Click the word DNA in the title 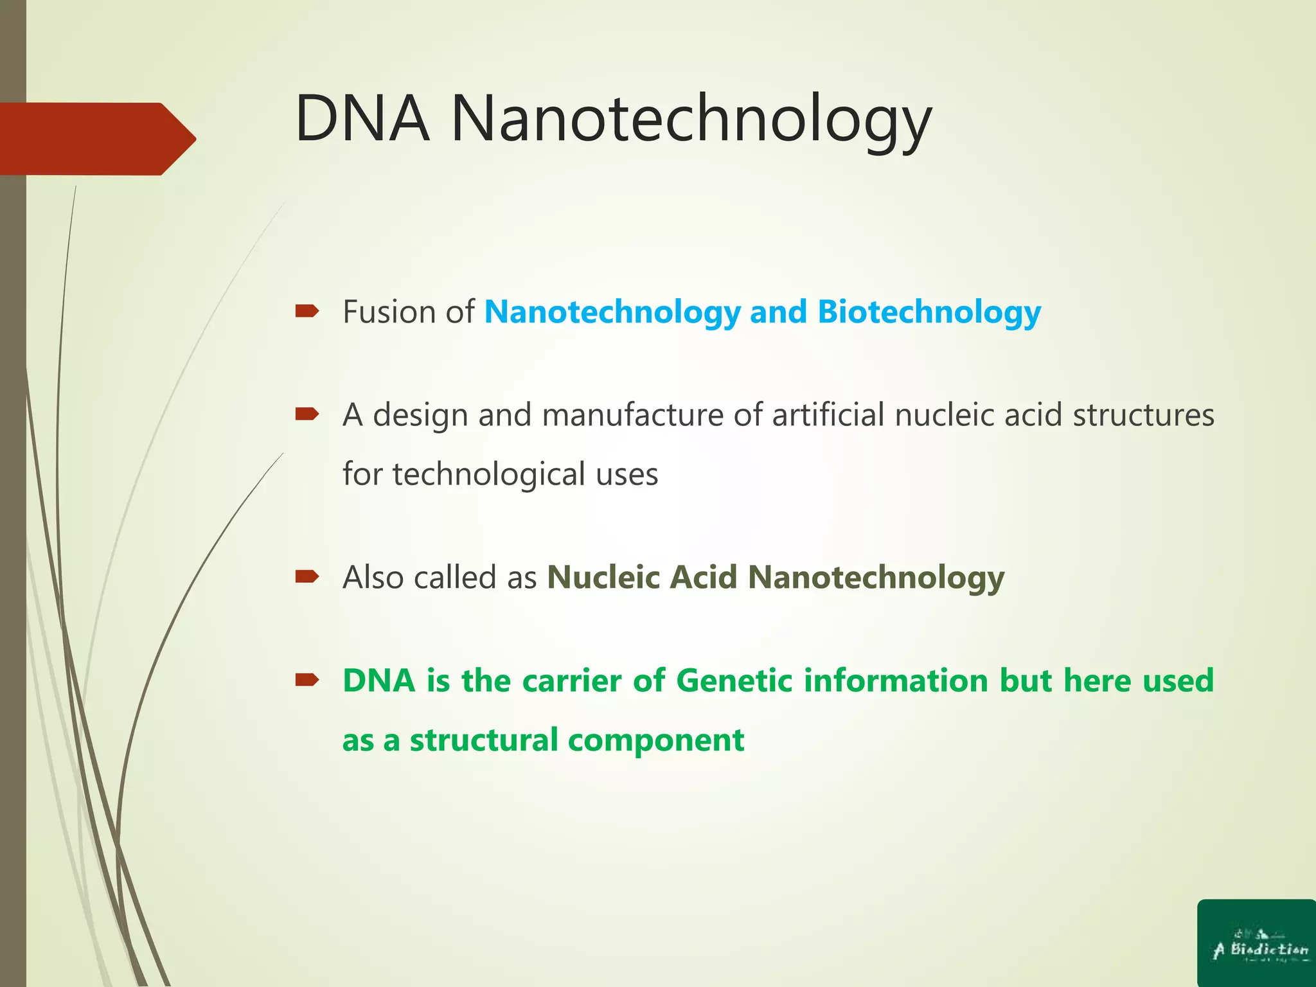[362, 119]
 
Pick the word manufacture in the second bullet [633, 414]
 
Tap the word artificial [828, 414]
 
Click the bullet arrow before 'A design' [307, 414]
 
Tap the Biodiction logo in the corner [1257, 943]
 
